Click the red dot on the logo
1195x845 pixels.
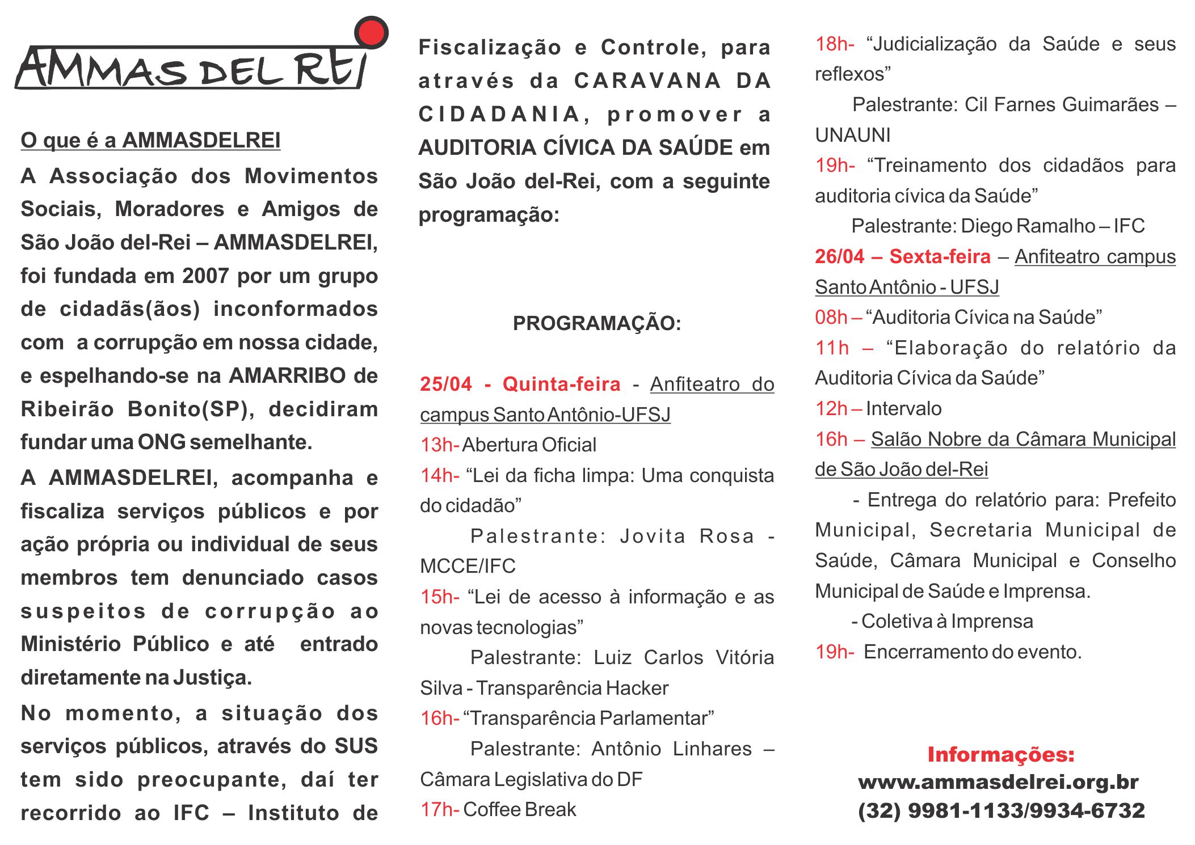click(x=371, y=32)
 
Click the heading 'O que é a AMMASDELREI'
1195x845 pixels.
click(x=150, y=140)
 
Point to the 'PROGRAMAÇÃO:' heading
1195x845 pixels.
click(x=596, y=323)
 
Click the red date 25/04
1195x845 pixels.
click(x=445, y=385)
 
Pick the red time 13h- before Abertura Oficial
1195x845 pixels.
click(x=439, y=445)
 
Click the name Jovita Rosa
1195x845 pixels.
click(x=687, y=536)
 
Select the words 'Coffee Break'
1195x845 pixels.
click(x=519, y=809)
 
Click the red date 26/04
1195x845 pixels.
click(x=839, y=257)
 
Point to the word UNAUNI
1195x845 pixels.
click(x=852, y=135)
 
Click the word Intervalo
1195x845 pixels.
click(x=903, y=408)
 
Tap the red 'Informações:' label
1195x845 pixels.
click(x=1000, y=754)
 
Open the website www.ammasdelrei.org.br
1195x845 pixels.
click(x=998, y=783)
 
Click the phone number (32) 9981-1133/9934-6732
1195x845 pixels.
click(x=1001, y=810)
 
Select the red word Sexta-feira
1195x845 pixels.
click(x=940, y=257)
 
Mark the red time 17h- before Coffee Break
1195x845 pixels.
click(x=439, y=809)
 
